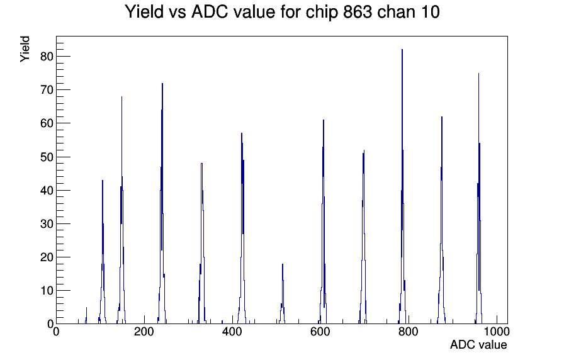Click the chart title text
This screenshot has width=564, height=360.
(x=282, y=12)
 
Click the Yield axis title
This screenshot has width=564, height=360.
(x=25, y=49)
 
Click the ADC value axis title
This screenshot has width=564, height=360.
(x=478, y=344)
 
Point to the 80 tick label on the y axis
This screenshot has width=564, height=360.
(x=47, y=57)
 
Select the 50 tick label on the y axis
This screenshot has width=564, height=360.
(x=47, y=157)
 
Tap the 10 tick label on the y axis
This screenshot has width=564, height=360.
(x=47, y=291)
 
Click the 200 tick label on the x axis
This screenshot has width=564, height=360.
(x=144, y=332)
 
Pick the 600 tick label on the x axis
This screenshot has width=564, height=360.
(x=320, y=332)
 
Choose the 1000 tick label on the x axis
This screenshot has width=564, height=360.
(x=496, y=332)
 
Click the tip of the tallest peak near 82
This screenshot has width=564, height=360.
(x=402, y=50)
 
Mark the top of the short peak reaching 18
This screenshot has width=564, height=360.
(x=283, y=264)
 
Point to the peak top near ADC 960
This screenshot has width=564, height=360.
(x=478, y=74)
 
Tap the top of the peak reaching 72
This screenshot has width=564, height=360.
(x=162, y=84)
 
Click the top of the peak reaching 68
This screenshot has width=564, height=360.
(x=121, y=97)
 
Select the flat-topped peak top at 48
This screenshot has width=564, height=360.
(x=202, y=164)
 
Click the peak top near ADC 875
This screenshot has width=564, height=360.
(x=442, y=117)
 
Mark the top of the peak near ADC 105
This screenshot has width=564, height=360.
(x=103, y=181)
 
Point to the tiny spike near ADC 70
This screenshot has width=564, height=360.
(x=86, y=308)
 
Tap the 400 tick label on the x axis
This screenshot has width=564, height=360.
(x=232, y=332)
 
